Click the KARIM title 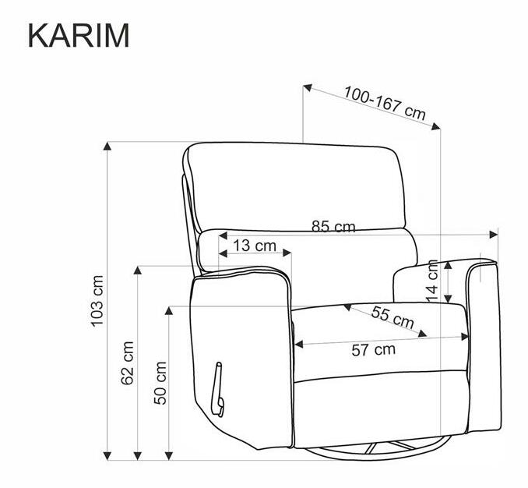click(x=79, y=35)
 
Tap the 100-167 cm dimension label click(x=385, y=103)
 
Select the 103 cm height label click(x=97, y=301)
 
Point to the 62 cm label click(x=128, y=362)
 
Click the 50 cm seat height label click(x=160, y=383)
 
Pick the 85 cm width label click(x=333, y=227)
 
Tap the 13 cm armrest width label click(x=255, y=246)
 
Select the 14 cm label click(x=432, y=281)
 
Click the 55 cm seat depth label click(x=392, y=317)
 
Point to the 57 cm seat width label click(x=374, y=350)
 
